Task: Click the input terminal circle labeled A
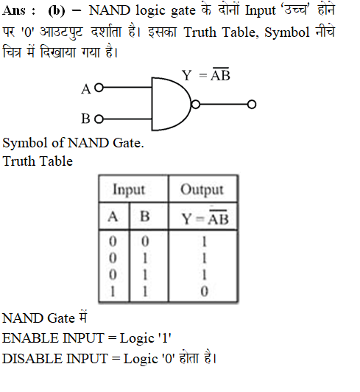click(99, 88)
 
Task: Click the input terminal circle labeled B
click(99, 119)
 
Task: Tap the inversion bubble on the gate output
click(196, 104)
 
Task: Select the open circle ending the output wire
click(252, 104)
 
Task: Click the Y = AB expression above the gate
click(206, 74)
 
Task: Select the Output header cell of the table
click(202, 189)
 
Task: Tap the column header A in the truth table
click(113, 216)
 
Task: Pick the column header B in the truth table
click(145, 216)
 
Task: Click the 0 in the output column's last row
click(204, 292)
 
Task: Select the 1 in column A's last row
click(113, 292)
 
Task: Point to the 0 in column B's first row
click(145, 242)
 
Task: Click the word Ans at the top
click(14, 10)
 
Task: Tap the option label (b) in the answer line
click(57, 11)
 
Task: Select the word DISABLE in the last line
click(32, 359)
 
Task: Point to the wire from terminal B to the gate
click(127, 119)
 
